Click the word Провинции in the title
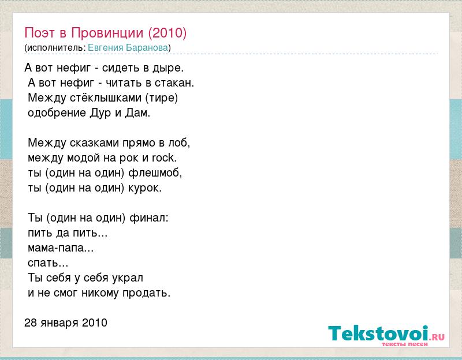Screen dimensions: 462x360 tap(107, 33)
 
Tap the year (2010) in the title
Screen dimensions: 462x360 tap(167, 33)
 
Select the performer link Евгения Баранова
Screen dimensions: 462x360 tap(128, 48)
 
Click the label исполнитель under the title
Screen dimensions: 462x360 tap(55, 48)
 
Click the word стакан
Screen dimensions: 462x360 tap(174, 82)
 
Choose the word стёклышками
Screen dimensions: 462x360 tap(106, 97)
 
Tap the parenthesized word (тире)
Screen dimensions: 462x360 tap(162, 97)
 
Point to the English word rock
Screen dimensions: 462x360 tap(164, 157)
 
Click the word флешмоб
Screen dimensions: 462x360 tap(155, 172)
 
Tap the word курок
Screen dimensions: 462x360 tap(145, 188)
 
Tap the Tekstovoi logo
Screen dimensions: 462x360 tap(386, 335)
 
